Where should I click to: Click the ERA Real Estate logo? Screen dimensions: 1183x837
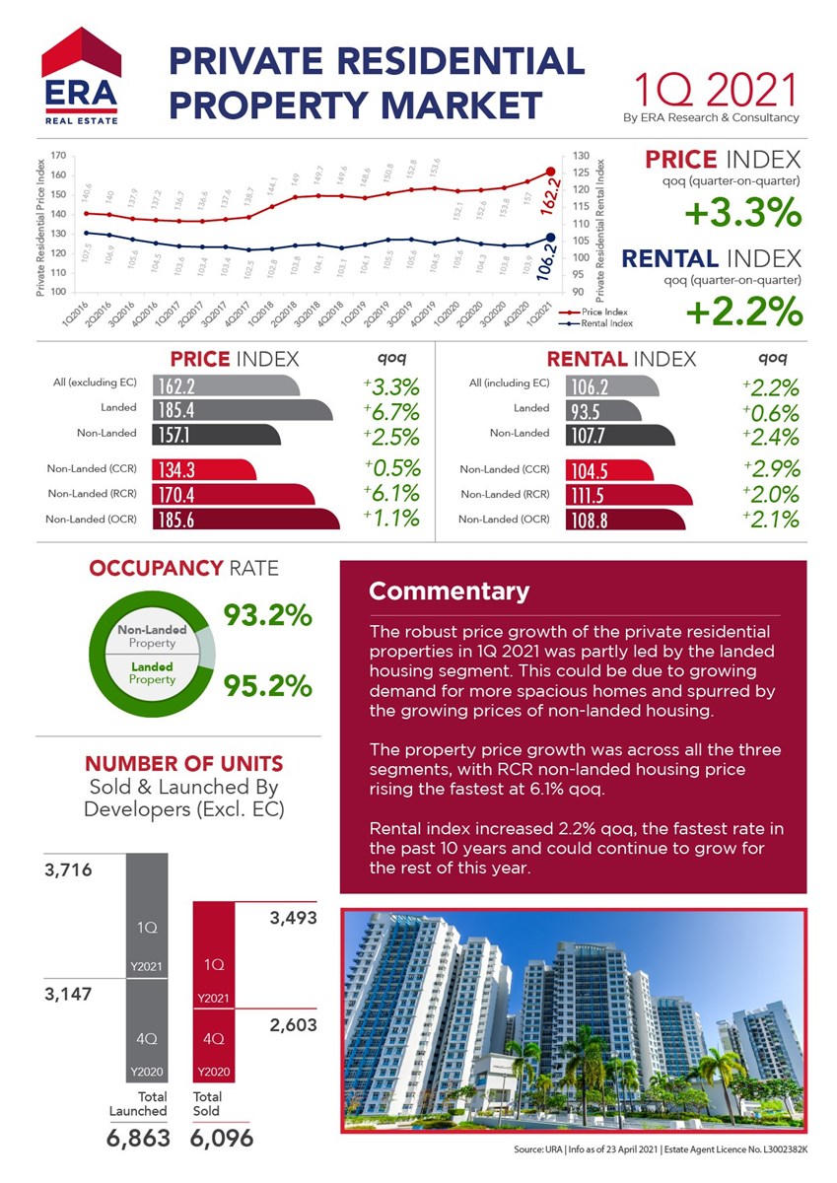81,78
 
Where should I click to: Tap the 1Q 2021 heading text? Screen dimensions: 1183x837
714,90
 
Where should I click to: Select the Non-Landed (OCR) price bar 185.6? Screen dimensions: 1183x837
245,519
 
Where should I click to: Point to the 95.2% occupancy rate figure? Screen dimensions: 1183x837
268,684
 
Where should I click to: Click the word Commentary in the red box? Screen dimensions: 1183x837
449,591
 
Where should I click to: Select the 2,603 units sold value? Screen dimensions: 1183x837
293,1025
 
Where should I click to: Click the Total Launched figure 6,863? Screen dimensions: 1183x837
137,1138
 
